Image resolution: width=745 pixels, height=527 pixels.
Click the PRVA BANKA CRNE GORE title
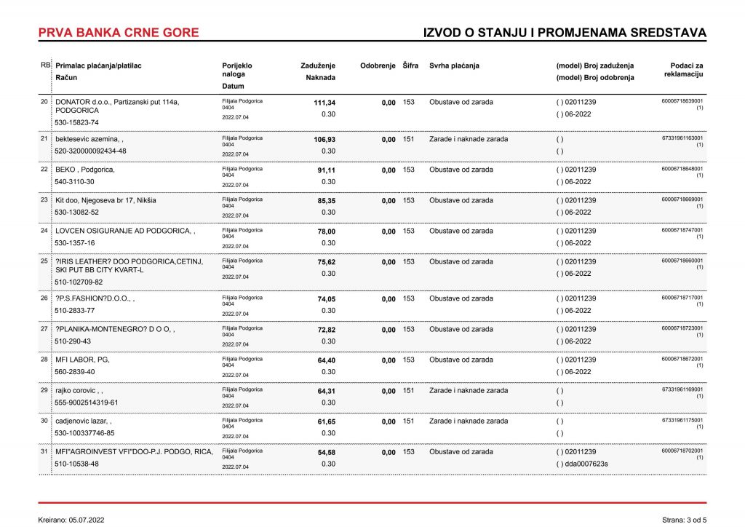pyautogui.click(x=118, y=33)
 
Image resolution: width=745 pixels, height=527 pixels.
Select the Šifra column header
pyautogui.click(x=410, y=66)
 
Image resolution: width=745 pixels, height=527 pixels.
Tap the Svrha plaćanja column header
pyautogui.click(x=454, y=66)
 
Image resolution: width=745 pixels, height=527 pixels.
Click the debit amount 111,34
pyautogui.click(x=324, y=103)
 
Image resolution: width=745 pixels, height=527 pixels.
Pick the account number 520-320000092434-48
pyautogui.click(x=90, y=151)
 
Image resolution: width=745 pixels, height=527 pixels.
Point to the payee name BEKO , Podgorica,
pyautogui.click(x=85, y=170)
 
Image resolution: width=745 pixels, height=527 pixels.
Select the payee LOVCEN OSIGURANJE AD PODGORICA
pyautogui.click(x=124, y=231)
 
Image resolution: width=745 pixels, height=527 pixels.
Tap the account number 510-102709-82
pyautogui.click(x=79, y=282)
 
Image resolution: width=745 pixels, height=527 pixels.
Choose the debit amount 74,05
pyautogui.click(x=326, y=299)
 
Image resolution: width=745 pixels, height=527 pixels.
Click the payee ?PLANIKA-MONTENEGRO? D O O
pyautogui.click(x=115, y=329)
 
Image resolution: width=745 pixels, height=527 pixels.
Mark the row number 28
pyautogui.click(x=44, y=359)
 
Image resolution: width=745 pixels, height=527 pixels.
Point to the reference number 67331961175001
pyautogui.click(x=682, y=420)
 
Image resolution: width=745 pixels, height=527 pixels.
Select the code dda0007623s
pyautogui.click(x=586, y=464)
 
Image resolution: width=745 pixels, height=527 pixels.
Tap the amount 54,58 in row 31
pyautogui.click(x=326, y=452)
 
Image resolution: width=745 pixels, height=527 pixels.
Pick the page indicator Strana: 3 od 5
pyautogui.click(x=684, y=520)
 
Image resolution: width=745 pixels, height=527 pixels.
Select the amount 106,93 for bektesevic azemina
pyautogui.click(x=324, y=139)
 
